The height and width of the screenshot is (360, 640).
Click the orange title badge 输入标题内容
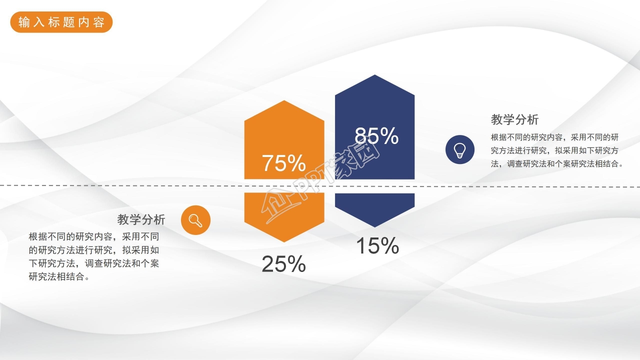[x=61, y=22]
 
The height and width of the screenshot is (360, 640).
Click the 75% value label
[x=283, y=163]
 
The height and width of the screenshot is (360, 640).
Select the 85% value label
[x=376, y=136]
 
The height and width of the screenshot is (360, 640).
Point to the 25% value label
[x=283, y=264]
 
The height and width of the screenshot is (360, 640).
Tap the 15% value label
[x=377, y=246]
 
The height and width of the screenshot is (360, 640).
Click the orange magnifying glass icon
[x=195, y=220]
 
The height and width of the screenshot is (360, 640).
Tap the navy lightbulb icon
[x=460, y=149]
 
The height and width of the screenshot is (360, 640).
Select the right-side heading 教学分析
[x=514, y=120]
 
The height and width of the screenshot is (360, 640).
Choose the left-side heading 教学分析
[x=141, y=219]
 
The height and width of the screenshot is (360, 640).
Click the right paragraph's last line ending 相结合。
[x=557, y=163]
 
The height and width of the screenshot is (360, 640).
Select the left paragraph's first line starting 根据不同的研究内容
[x=94, y=236]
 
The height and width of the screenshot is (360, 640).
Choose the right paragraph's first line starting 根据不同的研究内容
[x=555, y=137]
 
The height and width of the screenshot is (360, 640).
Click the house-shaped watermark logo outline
[x=278, y=205]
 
